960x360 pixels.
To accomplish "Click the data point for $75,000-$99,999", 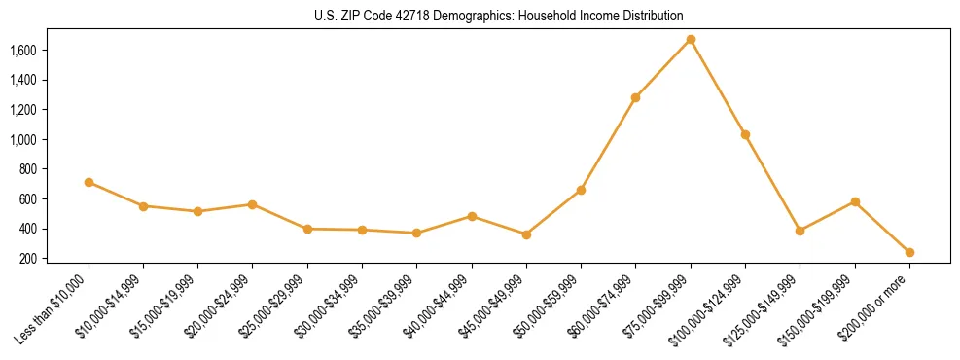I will pos(691,40).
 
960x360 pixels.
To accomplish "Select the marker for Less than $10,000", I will pos(89,182).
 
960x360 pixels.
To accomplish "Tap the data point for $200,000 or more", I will pos(909,252).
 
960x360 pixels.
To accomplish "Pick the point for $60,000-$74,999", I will pos(635,97).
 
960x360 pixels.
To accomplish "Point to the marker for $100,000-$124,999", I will pos(745,134).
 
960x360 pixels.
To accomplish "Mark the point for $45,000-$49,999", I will pos(526,234).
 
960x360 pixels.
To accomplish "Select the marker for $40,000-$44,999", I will pos(472,216).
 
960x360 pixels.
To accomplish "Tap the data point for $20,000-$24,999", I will pos(253,204).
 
